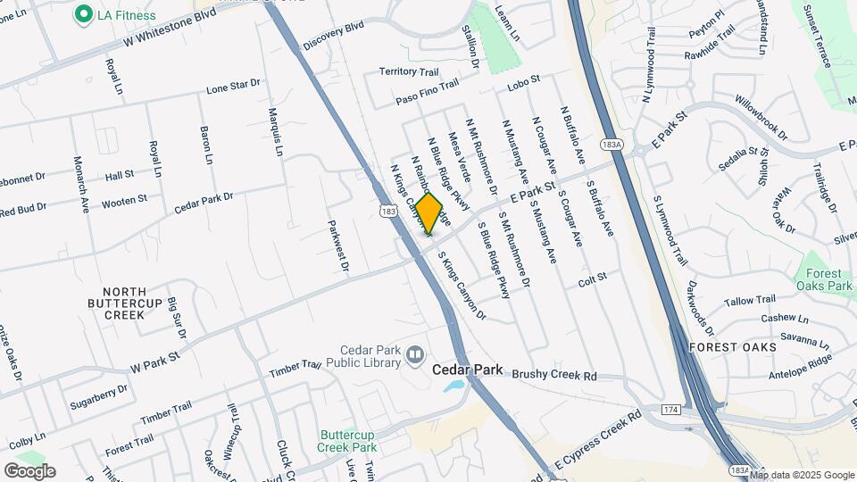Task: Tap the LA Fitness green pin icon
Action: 84,14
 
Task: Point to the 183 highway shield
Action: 387,212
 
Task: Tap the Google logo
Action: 29,470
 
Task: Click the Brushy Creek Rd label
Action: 553,377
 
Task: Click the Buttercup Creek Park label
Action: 348,442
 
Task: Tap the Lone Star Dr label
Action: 233,86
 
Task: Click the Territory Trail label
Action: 410,71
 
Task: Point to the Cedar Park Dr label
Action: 204,201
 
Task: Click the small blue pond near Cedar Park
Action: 453,386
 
